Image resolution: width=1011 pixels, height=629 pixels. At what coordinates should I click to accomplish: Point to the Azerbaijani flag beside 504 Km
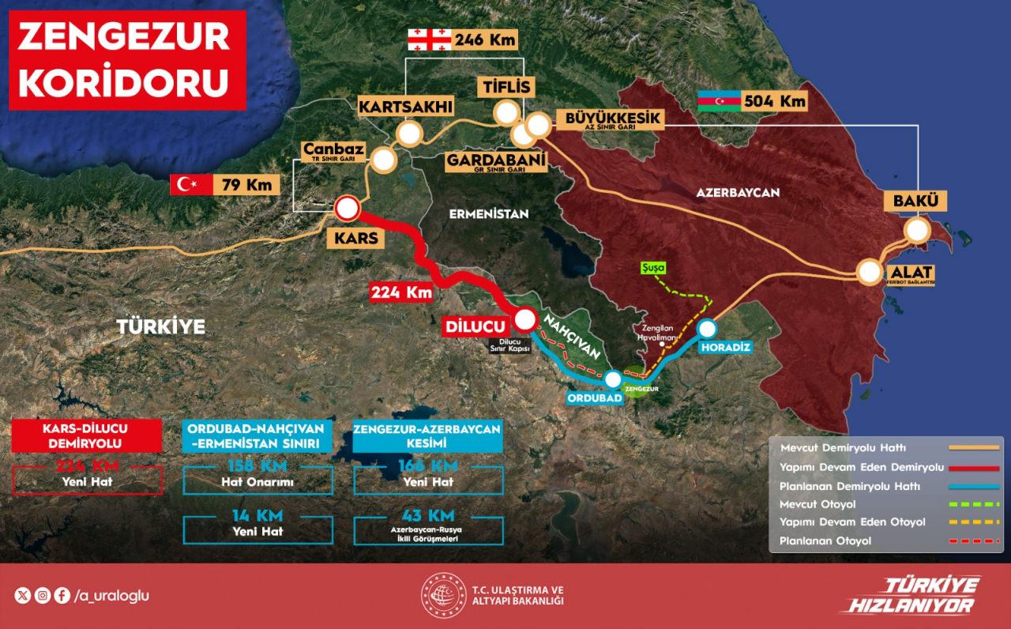tap(719, 102)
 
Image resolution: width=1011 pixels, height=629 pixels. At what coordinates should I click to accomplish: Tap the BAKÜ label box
tap(915, 201)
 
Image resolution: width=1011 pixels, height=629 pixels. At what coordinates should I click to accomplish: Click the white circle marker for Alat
tap(870, 272)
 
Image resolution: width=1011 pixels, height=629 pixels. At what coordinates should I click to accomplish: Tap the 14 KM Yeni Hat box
tap(257, 522)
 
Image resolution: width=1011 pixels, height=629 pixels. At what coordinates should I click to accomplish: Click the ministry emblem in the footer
tap(442, 594)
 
